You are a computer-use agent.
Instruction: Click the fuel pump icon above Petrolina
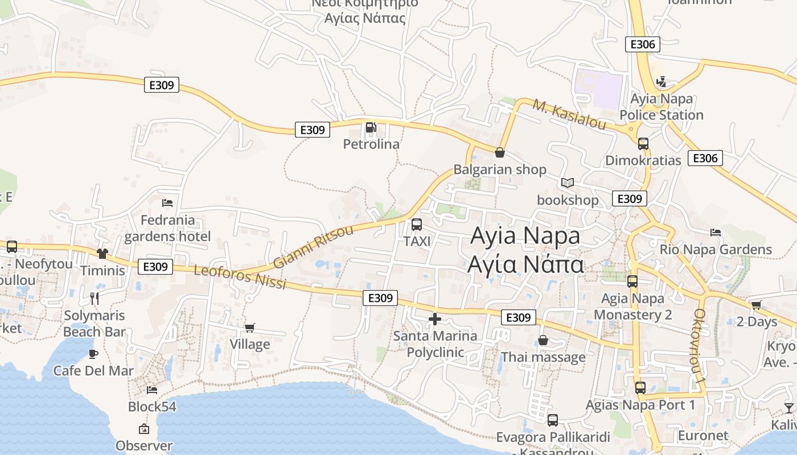coord(371,127)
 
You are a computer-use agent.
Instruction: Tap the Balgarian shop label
coord(499,169)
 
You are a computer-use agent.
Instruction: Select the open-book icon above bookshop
coord(567,183)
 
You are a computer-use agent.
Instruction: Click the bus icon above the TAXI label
coord(417,225)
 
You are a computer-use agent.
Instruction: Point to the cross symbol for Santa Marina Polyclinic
coord(435,319)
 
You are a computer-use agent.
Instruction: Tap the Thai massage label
coord(543,357)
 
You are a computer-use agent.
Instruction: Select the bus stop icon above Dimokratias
coord(643,144)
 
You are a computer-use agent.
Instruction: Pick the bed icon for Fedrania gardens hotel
coord(167,203)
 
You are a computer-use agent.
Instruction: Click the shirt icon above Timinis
coord(102,254)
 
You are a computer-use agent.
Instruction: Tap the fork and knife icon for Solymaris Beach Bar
coord(95,298)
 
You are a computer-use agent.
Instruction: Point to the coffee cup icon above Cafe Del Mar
coord(94,354)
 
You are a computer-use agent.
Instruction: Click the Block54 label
coord(152,407)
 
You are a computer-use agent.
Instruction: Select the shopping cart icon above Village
coord(249,328)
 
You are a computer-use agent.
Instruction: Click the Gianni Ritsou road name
coord(313,247)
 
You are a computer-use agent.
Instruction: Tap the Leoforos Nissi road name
coord(240,277)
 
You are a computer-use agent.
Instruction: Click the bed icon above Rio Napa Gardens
coord(716,232)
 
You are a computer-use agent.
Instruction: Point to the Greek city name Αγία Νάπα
coord(525,264)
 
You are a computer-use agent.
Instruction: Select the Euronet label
coord(703,436)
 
